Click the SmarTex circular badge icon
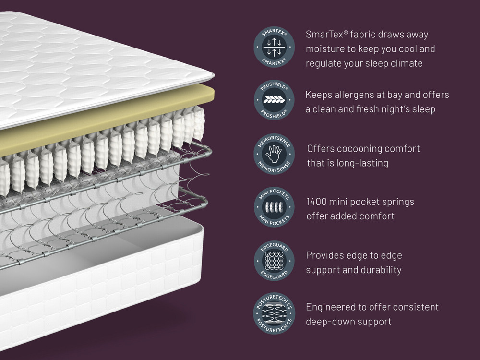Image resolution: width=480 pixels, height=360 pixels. [x=274, y=47]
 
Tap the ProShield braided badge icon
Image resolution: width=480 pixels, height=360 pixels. [x=274, y=100]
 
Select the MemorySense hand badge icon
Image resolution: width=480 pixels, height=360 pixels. [x=274, y=154]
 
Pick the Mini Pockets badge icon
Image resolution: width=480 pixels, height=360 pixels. [x=274, y=207]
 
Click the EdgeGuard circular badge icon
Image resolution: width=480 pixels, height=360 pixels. [x=274, y=261]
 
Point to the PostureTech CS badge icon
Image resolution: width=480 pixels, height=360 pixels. [x=274, y=313]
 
